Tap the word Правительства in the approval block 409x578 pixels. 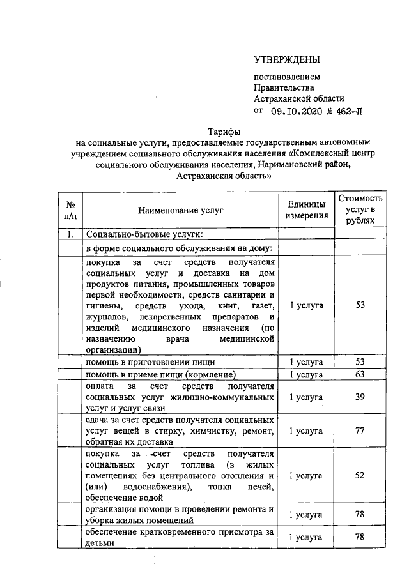tap(284, 87)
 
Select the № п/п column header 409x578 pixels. tap(70, 209)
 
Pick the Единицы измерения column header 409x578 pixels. tap(306, 209)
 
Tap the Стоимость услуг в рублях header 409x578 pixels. tap(360, 209)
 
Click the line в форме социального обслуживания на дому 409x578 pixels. tap(179, 248)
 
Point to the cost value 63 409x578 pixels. tap(360, 374)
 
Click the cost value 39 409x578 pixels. tap(360, 397)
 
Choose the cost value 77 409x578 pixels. tap(360, 431)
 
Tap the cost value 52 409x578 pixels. tap(360, 476)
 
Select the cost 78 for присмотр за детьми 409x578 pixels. tap(360, 536)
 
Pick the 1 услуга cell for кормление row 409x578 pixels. tap(306, 374)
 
